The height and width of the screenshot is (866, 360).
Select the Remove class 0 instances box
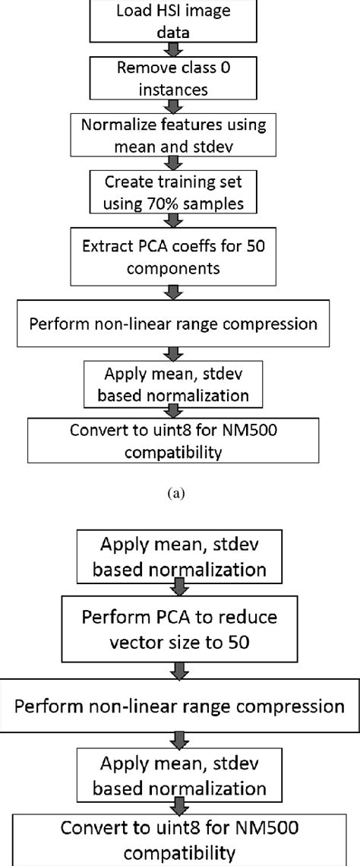(175, 77)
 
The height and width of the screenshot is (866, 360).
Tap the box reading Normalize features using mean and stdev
(175, 135)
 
